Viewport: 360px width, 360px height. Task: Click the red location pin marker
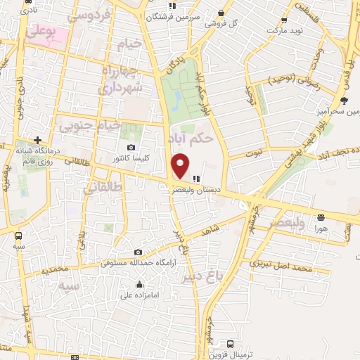point(180,165)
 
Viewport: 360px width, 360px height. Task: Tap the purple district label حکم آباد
point(192,139)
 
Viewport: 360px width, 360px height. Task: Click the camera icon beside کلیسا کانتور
point(131,147)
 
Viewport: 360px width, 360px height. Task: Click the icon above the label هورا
point(321,217)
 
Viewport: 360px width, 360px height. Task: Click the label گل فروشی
point(226,22)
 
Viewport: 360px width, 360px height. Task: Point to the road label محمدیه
point(55,271)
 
